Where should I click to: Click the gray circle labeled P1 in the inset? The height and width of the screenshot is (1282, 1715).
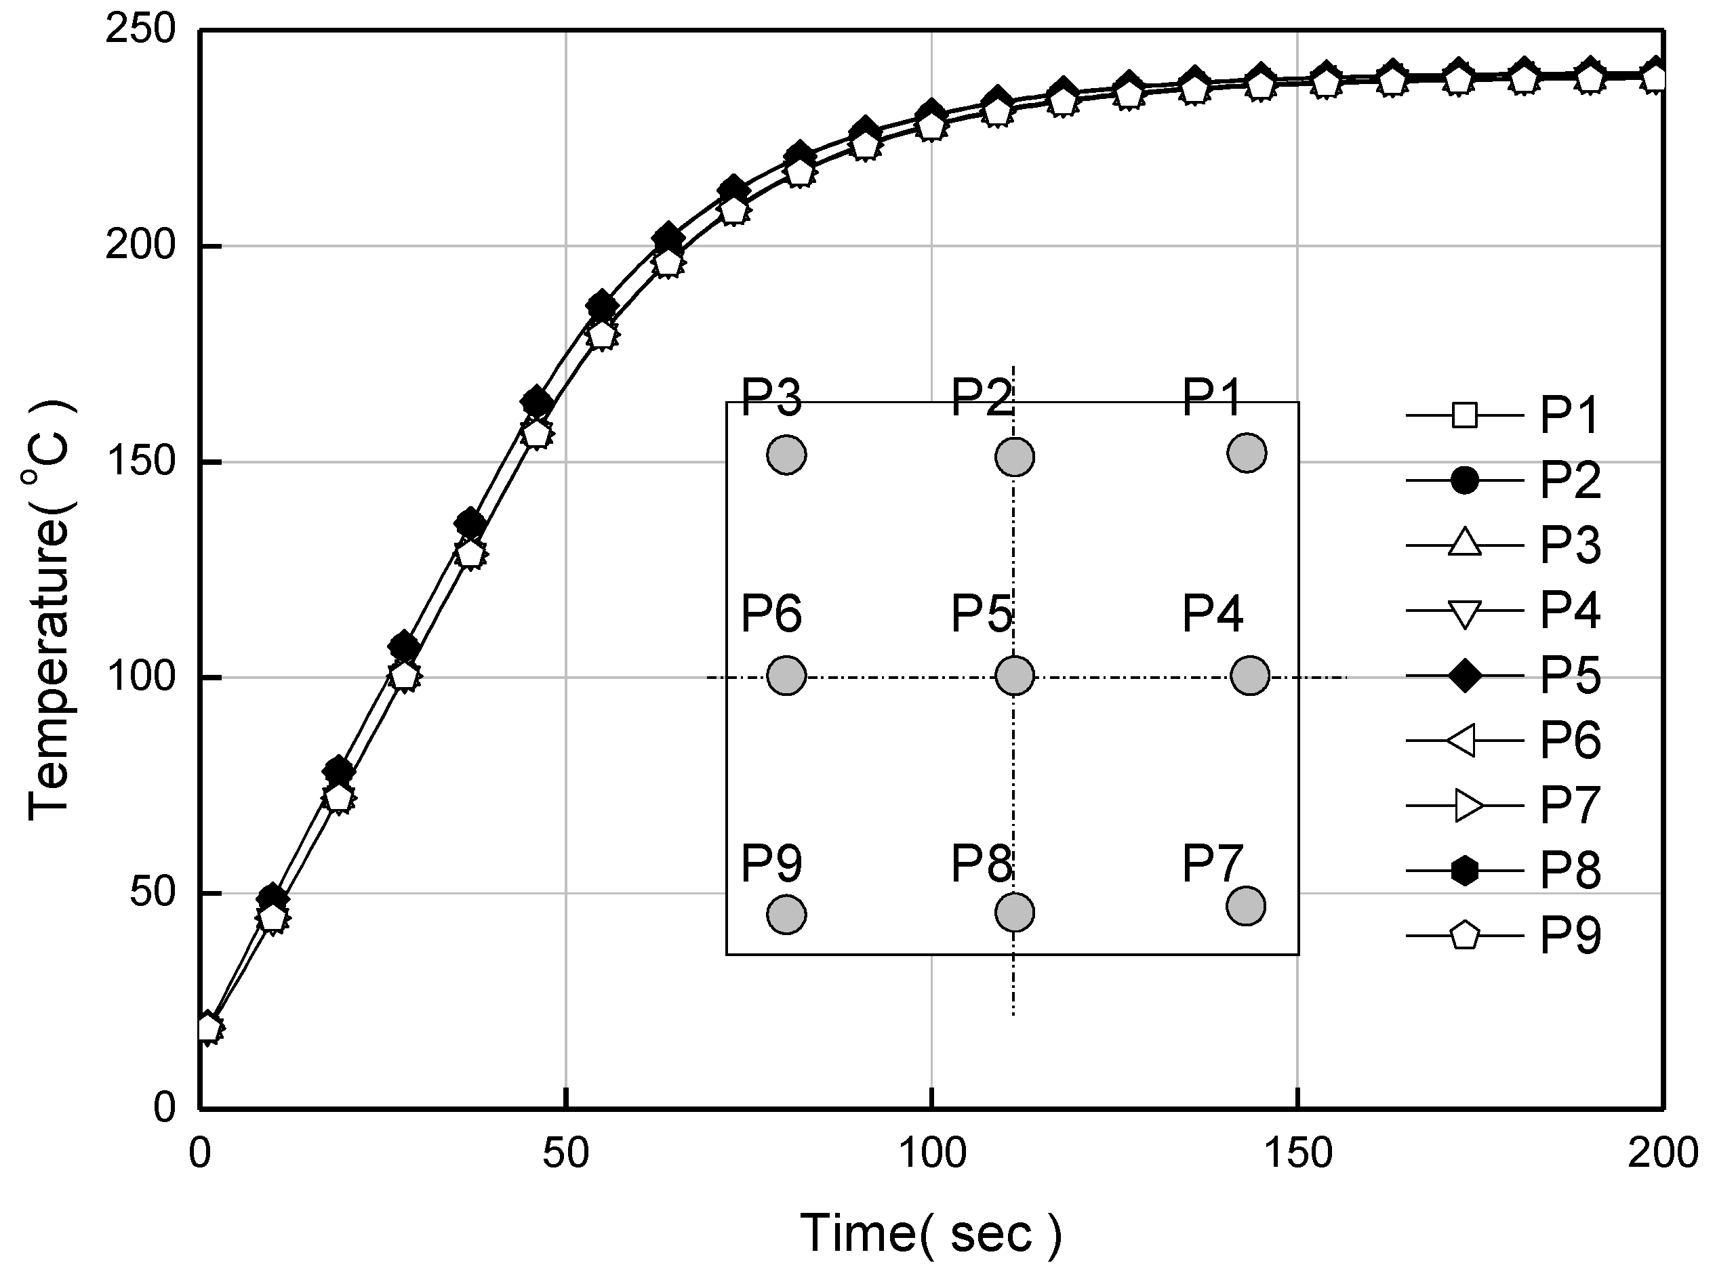[x=1247, y=453]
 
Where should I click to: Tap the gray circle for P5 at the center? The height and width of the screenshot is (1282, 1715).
[x=1014, y=675]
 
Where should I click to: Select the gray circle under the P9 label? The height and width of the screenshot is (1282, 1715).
[x=786, y=915]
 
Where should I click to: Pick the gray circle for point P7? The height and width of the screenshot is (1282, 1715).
[x=1246, y=905]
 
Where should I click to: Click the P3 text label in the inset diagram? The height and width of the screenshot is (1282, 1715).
[x=771, y=397]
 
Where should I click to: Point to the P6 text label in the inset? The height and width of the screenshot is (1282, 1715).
[x=771, y=613]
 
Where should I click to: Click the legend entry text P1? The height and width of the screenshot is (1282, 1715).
[x=1569, y=415]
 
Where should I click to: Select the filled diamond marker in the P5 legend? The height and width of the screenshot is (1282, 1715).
[x=1464, y=676]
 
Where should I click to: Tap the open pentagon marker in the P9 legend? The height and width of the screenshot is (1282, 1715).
[x=1464, y=936]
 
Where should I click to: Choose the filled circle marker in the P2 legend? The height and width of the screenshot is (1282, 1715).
[x=1464, y=480]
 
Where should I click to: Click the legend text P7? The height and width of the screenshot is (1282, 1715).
[x=1569, y=806]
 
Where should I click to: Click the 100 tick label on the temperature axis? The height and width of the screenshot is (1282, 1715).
[x=140, y=677]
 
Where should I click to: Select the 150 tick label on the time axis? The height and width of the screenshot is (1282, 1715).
[x=1297, y=1153]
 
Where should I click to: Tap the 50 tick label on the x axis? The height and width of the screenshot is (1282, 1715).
[x=565, y=1153]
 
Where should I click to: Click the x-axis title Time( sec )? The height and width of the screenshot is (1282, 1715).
[x=931, y=1233]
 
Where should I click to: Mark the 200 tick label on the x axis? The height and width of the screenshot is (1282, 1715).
[x=1662, y=1153]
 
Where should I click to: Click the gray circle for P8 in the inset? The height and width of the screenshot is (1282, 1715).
[x=1014, y=911]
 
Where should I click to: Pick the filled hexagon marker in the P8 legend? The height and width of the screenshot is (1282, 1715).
[x=1464, y=871]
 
